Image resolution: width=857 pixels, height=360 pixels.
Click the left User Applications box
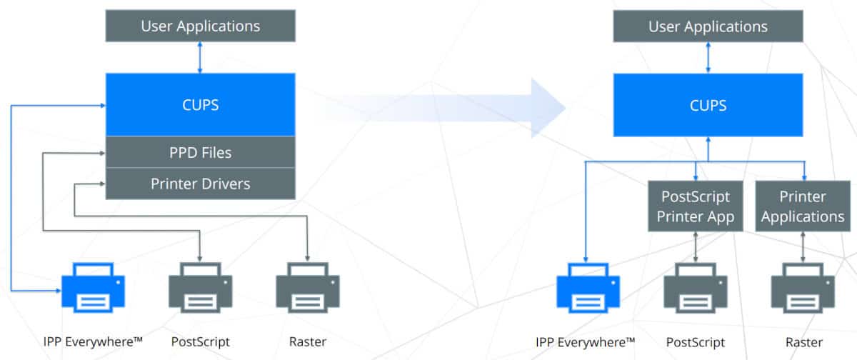pyautogui.click(x=200, y=26)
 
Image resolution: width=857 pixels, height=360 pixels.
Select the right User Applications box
pyautogui.click(x=708, y=26)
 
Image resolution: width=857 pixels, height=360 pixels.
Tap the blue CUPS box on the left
pyautogui.click(x=200, y=104)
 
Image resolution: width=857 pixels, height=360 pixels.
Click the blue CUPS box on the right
pyautogui.click(x=708, y=105)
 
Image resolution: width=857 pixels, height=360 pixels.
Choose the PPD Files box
pyautogui.click(x=200, y=152)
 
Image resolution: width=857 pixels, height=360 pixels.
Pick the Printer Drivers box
pyautogui.click(x=200, y=184)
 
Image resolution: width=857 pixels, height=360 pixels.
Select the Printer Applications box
pyautogui.click(x=803, y=206)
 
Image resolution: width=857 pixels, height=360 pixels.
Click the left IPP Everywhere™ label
pyautogui.click(x=92, y=341)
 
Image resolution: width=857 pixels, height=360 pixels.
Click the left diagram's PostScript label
pyautogui.click(x=200, y=341)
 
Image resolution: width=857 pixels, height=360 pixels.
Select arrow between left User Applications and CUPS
pyautogui.click(x=200, y=57)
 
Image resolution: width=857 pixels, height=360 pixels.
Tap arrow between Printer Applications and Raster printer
pyautogui.click(x=803, y=246)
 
